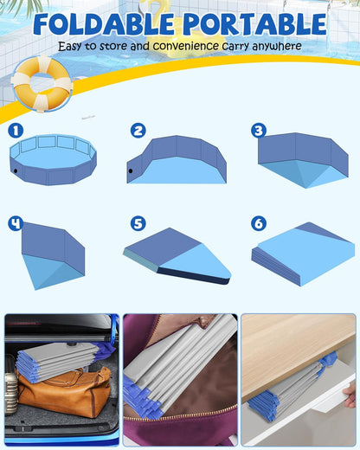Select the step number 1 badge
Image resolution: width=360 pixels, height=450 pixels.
[15, 131]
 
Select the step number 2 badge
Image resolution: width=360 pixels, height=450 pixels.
[138, 131]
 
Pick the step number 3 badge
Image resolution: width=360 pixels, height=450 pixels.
[258, 131]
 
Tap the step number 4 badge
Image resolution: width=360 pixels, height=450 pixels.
[15, 223]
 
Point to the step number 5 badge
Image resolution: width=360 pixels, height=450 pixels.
[138, 223]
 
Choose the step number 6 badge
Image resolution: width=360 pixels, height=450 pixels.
[258, 223]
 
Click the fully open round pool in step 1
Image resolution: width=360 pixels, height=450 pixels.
[53, 160]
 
